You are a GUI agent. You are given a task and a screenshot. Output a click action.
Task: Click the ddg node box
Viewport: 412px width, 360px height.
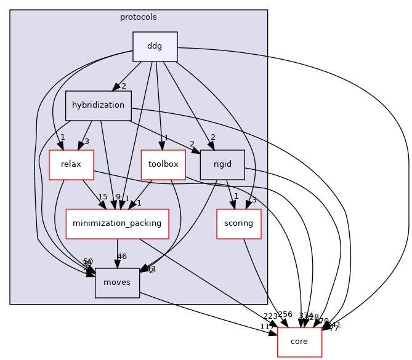(155, 47)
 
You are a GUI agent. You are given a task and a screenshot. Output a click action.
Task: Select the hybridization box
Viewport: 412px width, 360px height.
(98, 105)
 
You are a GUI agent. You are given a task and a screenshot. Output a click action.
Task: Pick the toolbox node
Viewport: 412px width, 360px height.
(163, 164)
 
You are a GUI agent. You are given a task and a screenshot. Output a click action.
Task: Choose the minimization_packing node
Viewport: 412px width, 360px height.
(117, 223)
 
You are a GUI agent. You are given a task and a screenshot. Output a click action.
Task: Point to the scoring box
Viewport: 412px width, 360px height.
(238, 223)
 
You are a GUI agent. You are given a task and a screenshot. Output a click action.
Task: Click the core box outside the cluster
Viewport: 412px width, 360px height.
(299, 342)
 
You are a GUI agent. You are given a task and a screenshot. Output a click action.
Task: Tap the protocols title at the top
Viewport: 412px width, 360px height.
(139, 17)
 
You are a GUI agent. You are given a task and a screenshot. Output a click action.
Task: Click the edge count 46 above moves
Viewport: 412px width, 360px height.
(122, 257)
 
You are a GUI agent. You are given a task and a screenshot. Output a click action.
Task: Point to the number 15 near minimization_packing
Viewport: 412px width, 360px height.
(103, 197)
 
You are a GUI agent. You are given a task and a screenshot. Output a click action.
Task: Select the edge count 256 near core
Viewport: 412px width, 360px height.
(285, 314)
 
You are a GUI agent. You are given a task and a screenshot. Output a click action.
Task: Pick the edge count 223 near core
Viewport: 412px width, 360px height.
(270, 316)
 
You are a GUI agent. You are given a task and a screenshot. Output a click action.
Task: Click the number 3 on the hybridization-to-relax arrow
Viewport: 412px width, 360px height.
(87, 142)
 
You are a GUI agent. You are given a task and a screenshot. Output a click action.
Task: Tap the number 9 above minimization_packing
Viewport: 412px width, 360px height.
(118, 198)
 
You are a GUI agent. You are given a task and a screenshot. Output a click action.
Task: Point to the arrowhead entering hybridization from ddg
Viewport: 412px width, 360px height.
(115, 88)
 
